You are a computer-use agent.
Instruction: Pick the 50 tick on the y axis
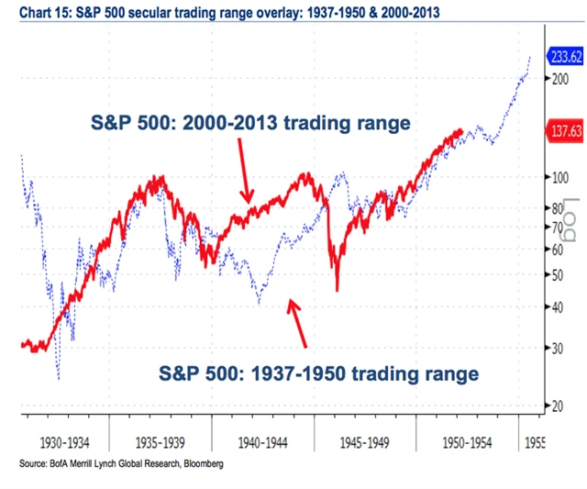[x=557, y=274]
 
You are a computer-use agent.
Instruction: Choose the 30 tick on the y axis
[x=557, y=347]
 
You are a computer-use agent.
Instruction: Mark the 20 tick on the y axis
[x=557, y=405]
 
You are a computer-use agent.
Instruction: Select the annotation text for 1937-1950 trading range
[x=319, y=373]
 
